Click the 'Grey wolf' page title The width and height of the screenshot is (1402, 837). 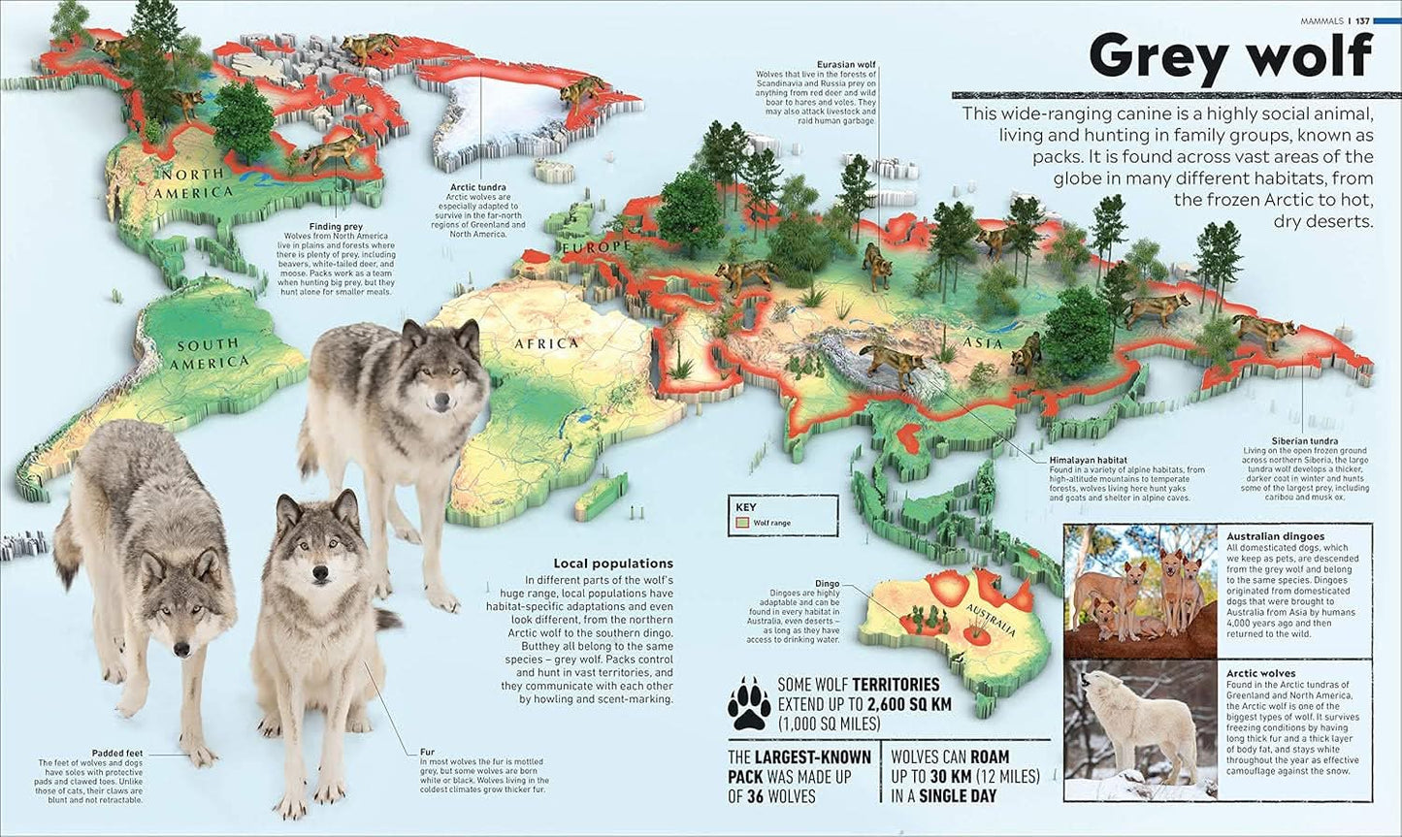pyautogui.click(x=1230, y=57)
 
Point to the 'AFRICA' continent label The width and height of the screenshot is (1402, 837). pyautogui.click(x=546, y=343)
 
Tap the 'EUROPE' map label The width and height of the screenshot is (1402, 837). pyautogui.click(x=594, y=248)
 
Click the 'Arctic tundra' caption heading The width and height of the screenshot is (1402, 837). pyautogui.click(x=477, y=187)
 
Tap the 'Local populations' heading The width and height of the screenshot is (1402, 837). pyautogui.click(x=612, y=563)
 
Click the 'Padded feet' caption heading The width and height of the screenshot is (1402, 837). pyautogui.click(x=117, y=752)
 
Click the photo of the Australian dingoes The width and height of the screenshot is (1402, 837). pyautogui.click(x=1141, y=591)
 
